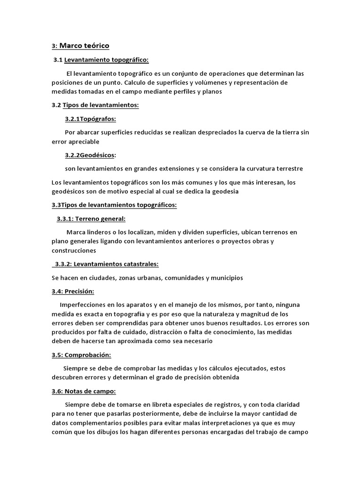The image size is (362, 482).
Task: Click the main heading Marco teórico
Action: (x=84, y=46)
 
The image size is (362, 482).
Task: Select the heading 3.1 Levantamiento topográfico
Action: (x=101, y=60)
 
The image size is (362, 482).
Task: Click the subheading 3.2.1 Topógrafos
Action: (x=90, y=119)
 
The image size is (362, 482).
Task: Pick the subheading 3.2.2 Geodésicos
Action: (x=90, y=155)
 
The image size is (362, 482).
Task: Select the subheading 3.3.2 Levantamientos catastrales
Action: (x=106, y=264)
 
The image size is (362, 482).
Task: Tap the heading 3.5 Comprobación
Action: (x=81, y=354)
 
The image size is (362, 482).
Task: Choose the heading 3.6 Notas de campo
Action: (x=83, y=391)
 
